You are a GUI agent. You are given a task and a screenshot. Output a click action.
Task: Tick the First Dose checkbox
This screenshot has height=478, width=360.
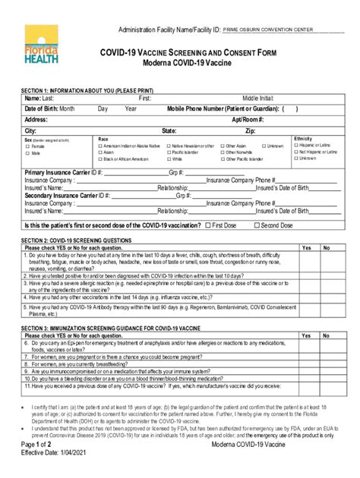(x=208, y=225)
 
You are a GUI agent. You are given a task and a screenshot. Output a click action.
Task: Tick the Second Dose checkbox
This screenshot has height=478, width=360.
(x=257, y=225)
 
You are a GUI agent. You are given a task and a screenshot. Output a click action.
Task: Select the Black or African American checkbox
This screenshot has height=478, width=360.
(x=99, y=159)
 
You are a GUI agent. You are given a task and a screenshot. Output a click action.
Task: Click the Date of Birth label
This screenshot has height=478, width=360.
(x=49, y=108)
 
